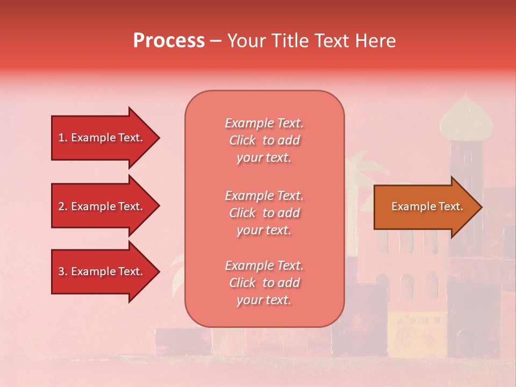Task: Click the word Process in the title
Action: click(x=169, y=41)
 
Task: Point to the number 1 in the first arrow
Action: click(x=61, y=138)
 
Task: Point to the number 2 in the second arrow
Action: click(x=61, y=206)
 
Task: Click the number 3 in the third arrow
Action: click(x=61, y=271)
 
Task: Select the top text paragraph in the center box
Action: click(x=264, y=140)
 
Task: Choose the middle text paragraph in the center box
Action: click(x=264, y=213)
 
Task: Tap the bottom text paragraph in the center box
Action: click(x=264, y=283)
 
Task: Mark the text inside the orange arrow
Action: click(x=427, y=206)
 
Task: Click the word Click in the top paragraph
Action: click(x=242, y=140)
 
